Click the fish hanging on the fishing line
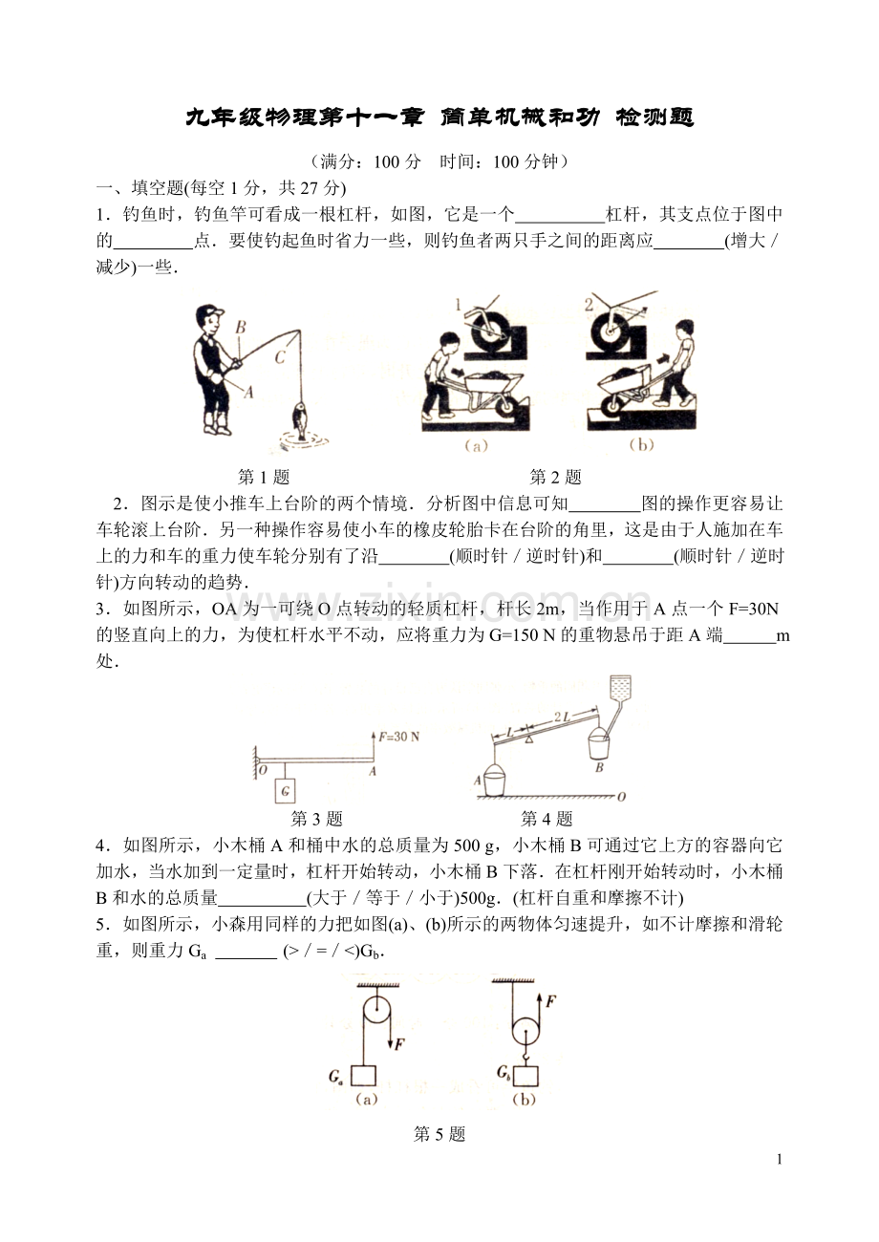point(300,419)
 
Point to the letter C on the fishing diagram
point(280,358)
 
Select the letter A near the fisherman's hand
point(248,392)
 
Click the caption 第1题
point(263,477)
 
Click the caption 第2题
point(555,477)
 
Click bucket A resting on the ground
point(495,782)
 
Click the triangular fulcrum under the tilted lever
point(526,739)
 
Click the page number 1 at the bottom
point(780,1160)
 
